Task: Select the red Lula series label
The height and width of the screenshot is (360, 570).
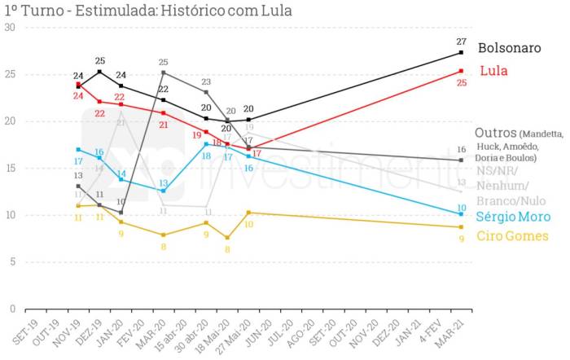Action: (x=493, y=71)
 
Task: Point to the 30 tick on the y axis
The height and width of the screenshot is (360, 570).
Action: (x=10, y=27)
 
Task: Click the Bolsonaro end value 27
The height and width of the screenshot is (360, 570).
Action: (x=461, y=42)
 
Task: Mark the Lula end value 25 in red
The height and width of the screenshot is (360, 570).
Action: (x=461, y=82)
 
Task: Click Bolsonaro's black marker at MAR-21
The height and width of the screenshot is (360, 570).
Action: (x=461, y=52)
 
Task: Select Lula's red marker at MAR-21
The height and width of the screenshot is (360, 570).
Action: (x=461, y=71)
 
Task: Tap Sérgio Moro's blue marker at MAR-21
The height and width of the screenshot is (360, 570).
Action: (x=461, y=214)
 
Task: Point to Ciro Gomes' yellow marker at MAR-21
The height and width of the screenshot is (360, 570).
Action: (x=461, y=227)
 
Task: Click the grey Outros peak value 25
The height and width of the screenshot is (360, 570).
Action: (x=163, y=62)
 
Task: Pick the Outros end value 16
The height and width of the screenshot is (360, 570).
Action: (x=461, y=150)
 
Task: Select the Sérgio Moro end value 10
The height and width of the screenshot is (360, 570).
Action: (x=461, y=207)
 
